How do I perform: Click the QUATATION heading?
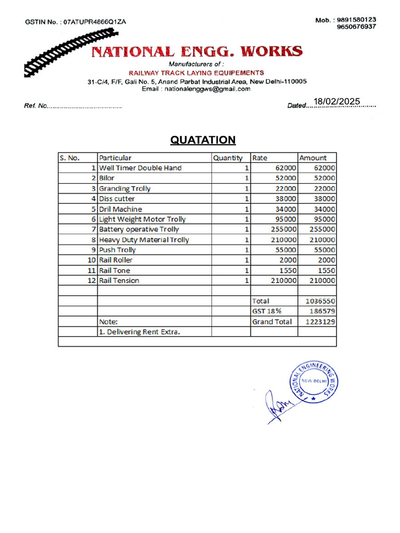(203, 140)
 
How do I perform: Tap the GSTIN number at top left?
(76, 22)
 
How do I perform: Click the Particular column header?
(116, 158)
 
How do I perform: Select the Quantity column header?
(228, 158)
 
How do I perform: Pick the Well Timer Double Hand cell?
(141, 168)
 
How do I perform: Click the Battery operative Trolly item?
(139, 229)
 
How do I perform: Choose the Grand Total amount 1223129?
(320, 322)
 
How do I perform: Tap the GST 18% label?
(264, 311)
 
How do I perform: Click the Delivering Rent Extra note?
(140, 332)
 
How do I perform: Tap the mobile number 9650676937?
(356, 27)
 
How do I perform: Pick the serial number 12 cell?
(92, 281)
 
